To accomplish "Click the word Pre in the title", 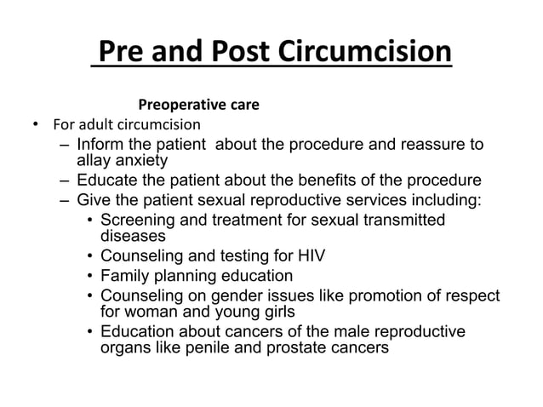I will (x=120, y=52).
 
